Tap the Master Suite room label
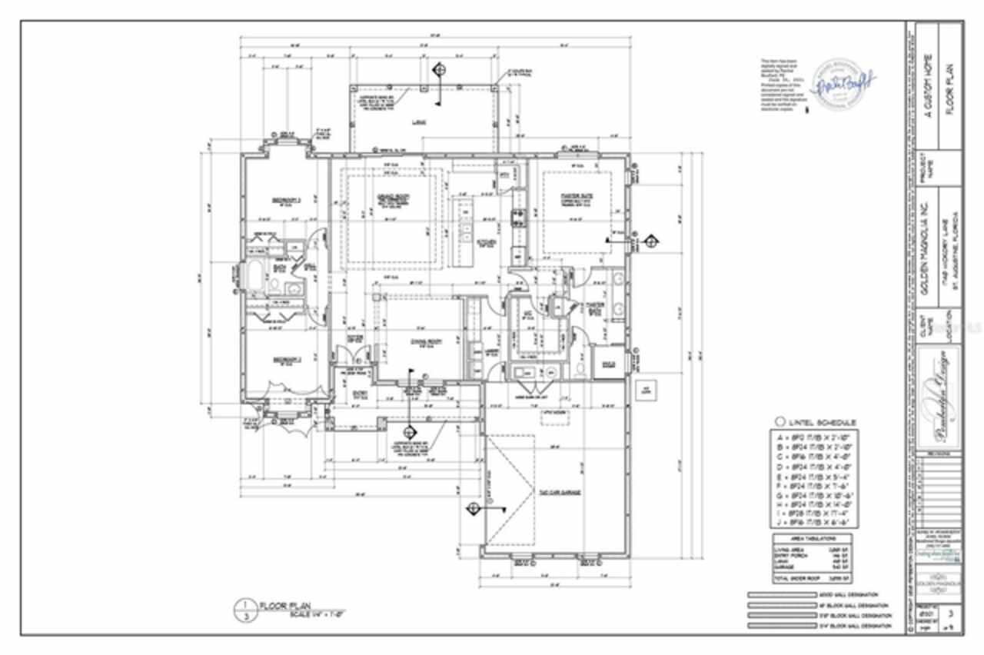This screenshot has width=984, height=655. pos(570,197)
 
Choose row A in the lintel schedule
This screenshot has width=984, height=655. pos(814,436)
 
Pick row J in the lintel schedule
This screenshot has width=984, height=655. pos(814,520)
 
